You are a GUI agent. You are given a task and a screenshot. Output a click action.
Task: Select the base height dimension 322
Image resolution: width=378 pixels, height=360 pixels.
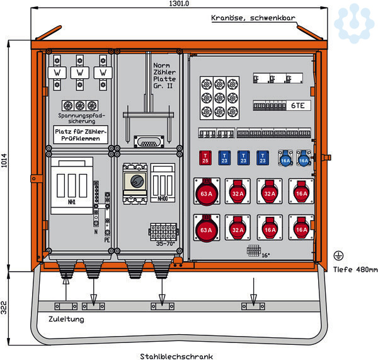(4, 308)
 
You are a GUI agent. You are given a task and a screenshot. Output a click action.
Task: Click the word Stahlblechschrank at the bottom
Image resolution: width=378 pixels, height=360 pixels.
(176, 356)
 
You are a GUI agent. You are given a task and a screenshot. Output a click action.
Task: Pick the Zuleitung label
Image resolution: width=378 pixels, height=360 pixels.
(66, 319)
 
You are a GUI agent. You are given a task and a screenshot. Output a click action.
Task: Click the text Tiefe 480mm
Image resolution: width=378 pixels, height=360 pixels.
(355, 270)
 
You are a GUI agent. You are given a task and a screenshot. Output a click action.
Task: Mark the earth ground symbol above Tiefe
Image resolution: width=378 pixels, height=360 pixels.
(338, 255)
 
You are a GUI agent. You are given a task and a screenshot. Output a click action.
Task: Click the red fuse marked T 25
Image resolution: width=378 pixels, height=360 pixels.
(205, 158)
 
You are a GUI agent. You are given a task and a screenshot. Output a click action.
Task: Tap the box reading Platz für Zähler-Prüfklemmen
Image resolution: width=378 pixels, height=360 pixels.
(80, 134)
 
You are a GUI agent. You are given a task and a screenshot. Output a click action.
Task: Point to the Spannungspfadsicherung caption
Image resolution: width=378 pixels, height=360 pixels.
(80, 119)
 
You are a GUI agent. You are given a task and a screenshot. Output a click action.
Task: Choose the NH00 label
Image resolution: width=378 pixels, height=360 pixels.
(163, 199)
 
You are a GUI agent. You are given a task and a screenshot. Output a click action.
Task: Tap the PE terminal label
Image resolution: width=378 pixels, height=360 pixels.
(106, 239)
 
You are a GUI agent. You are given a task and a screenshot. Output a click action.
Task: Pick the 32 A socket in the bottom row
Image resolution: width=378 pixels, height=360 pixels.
(238, 229)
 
